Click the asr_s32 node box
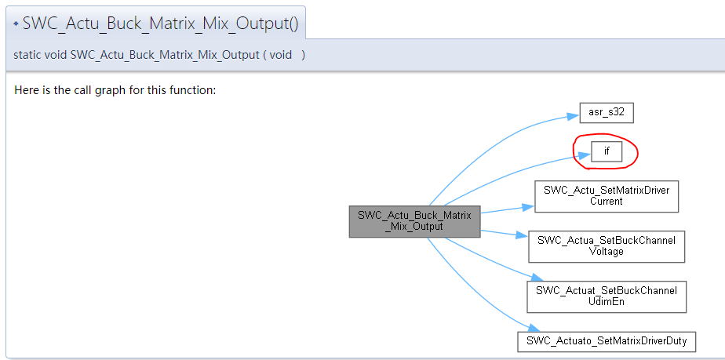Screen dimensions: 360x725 607,112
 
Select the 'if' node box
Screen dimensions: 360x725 607,151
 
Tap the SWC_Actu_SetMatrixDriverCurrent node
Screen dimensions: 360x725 607,196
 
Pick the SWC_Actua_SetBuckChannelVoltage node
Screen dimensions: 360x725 607,246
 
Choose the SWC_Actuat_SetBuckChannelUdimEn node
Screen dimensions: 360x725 607,296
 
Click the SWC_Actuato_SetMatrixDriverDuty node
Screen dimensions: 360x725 607,341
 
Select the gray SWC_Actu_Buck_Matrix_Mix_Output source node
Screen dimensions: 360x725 414,220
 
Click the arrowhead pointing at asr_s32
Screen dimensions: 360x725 574,116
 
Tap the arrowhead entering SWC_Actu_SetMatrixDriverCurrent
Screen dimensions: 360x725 529,207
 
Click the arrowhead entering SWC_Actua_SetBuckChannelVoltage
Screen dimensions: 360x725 523,236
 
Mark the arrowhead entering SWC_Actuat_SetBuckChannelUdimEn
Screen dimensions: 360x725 537,278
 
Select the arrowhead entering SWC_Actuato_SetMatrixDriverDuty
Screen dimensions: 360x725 532,329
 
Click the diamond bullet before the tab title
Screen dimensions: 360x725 16,24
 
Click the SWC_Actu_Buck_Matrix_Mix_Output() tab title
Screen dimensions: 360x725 160,24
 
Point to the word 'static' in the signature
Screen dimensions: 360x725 27,55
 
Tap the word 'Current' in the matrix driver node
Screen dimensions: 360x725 607,202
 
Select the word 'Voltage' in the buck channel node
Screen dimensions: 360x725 607,252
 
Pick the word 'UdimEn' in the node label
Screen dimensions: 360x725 607,301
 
